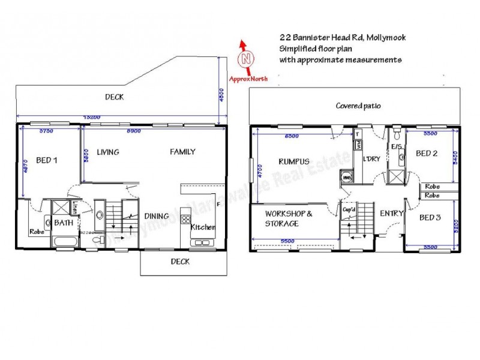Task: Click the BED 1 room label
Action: pyautogui.click(x=47, y=160)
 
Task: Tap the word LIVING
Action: pyautogui.click(x=107, y=152)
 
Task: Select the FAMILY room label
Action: pyautogui.click(x=182, y=152)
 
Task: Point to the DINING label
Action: pyautogui.click(x=156, y=217)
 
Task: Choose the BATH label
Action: pyautogui.click(x=64, y=223)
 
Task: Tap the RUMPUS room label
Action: pyautogui.click(x=293, y=161)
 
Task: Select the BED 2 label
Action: pyautogui.click(x=427, y=154)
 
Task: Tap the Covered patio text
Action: pyautogui.click(x=358, y=106)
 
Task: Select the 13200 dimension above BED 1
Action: pyautogui.click(x=91, y=117)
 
